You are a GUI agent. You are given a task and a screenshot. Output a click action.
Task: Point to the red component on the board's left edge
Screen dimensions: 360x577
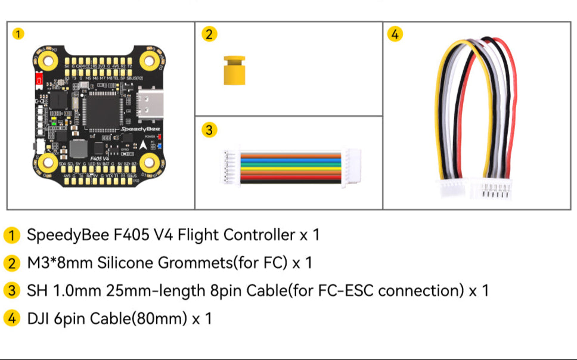coord(39,79)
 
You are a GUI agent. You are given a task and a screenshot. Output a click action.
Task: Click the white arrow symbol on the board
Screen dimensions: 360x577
coord(144,145)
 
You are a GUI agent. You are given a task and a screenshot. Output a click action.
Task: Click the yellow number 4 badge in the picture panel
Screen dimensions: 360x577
coord(395,35)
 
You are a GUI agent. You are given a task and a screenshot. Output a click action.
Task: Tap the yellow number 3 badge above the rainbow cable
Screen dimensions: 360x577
coord(207,130)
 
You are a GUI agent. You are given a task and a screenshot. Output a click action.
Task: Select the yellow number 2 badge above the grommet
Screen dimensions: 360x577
coord(207,35)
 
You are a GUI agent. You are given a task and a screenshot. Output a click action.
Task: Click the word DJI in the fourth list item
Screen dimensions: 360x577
coord(39,319)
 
